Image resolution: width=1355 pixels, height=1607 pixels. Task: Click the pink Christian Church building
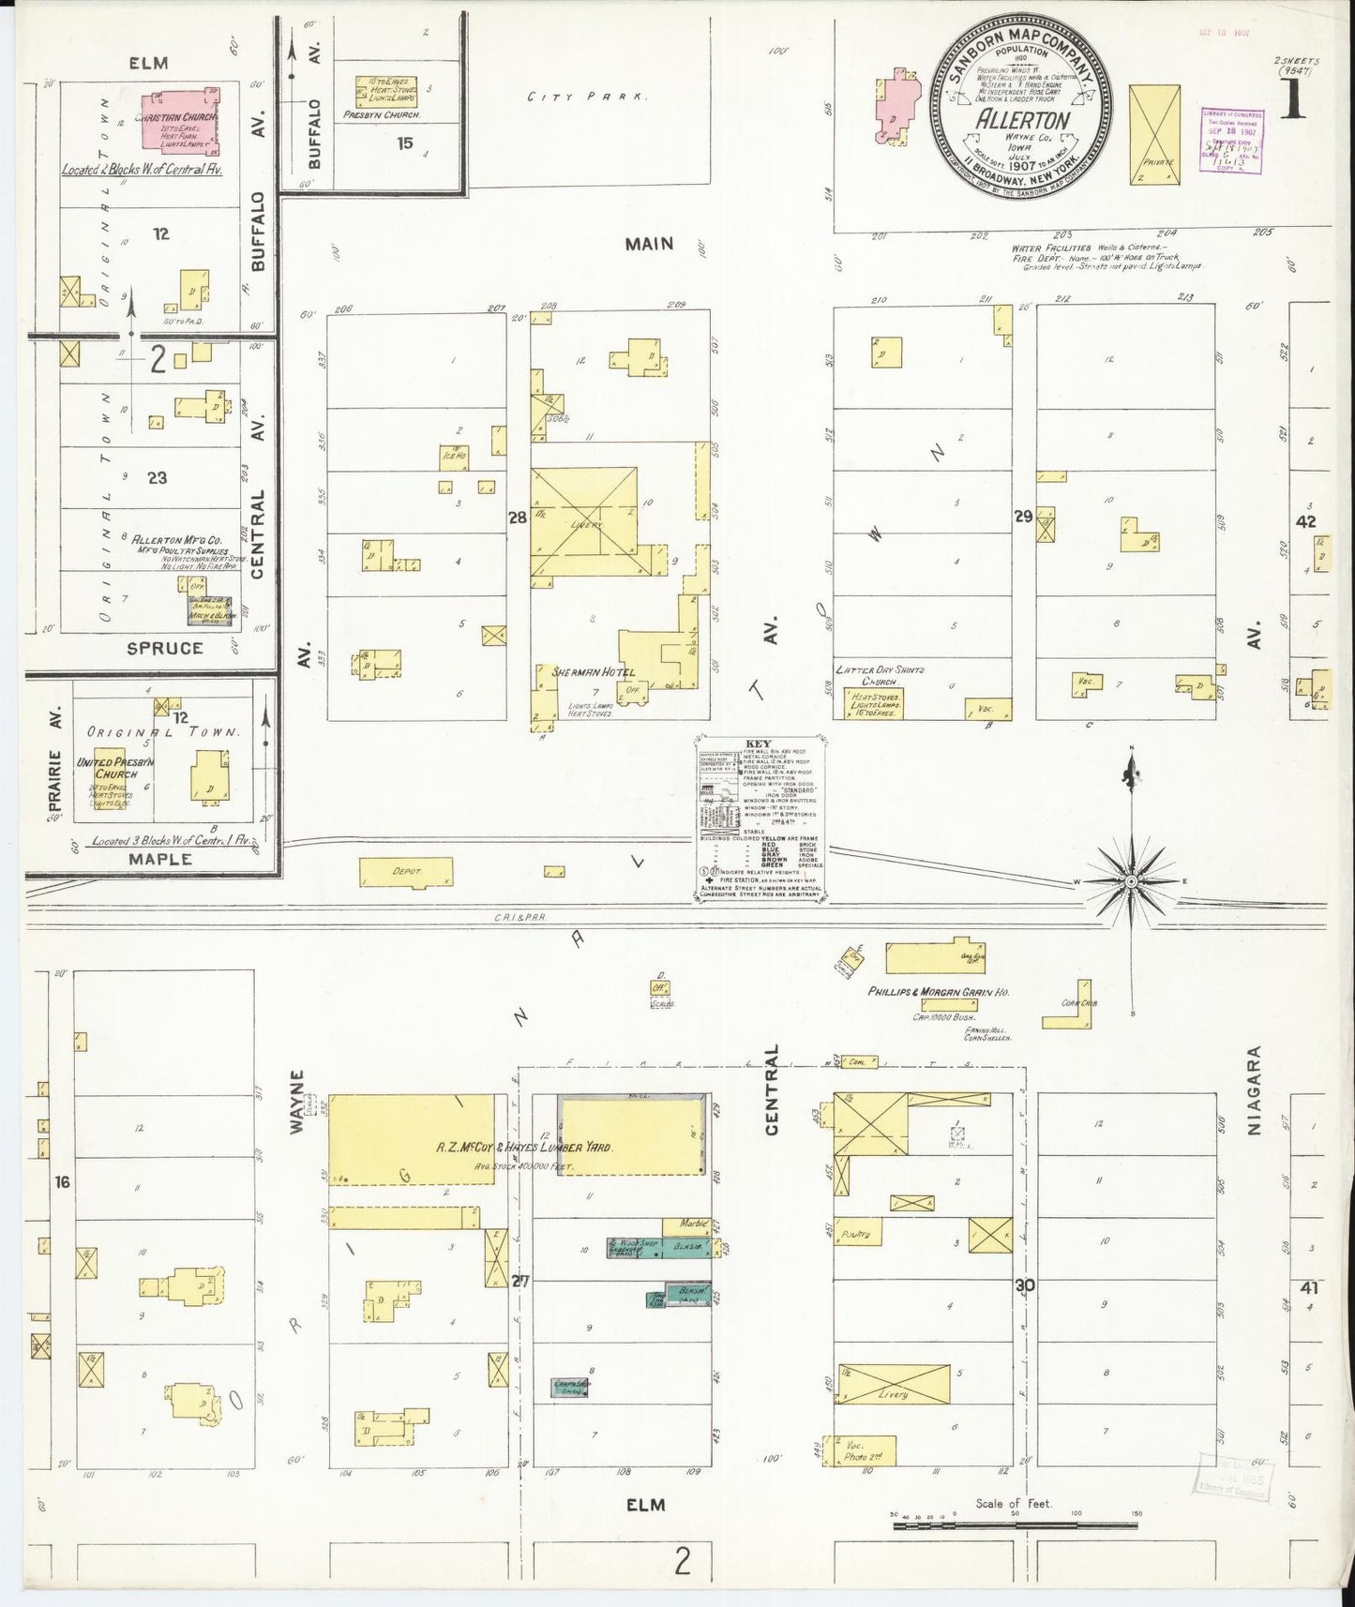184,122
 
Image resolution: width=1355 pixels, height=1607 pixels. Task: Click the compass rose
1132,882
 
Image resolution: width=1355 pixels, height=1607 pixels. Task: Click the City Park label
587,96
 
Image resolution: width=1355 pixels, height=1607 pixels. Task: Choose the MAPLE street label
160,859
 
